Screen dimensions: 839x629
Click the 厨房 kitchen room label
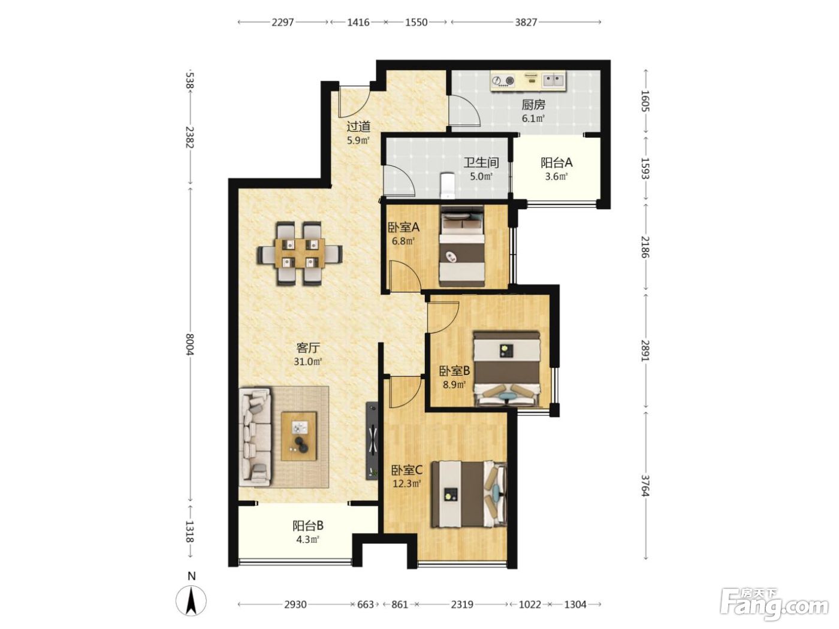pos(533,104)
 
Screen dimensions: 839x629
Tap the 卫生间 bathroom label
pos(481,162)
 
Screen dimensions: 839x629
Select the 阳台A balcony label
pos(556,163)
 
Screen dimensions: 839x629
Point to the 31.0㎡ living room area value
pos(307,361)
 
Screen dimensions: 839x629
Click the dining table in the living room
pos(300,253)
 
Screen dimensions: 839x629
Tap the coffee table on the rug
pos(299,436)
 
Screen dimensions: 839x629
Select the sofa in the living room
pos(255,437)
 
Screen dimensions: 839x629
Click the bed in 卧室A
pos(461,246)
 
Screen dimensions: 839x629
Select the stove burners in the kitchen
pos(503,81)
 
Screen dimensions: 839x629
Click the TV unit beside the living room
pos(372,440)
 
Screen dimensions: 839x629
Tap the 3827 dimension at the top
pos(526,22)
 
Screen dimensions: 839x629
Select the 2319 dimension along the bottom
pos(461,604)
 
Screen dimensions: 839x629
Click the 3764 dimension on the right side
pos(645,485)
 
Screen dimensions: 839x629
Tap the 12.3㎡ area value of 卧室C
pos(407,484)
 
